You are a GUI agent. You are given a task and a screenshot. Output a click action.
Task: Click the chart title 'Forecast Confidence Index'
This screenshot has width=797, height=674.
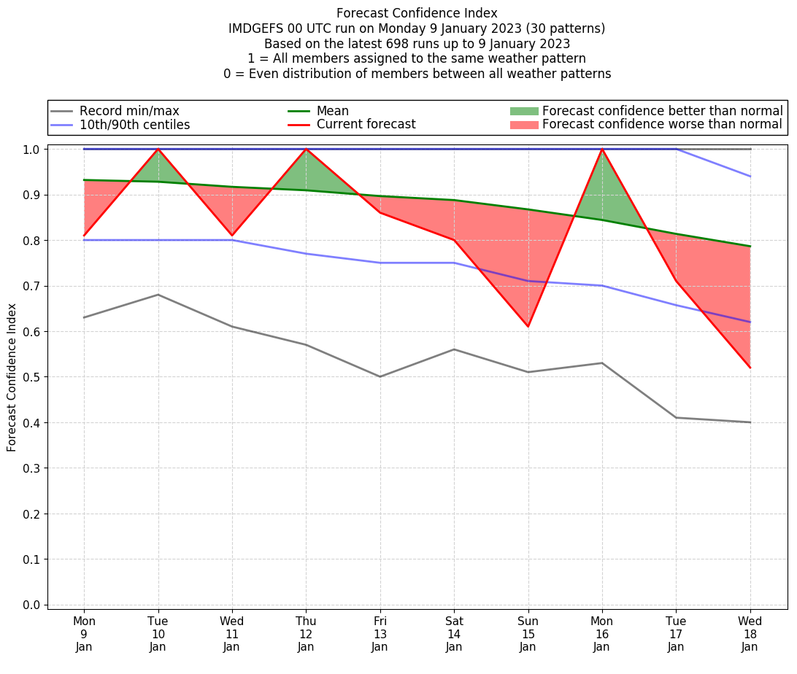click(x=417, y=13)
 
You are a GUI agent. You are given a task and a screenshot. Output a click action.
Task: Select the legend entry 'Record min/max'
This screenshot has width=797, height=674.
click(x=128, y=111)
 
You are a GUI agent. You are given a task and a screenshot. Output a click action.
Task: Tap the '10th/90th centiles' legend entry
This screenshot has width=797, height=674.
click(x=134, y=125)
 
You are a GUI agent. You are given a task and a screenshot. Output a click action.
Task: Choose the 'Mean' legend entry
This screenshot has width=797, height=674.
click(x=332, y=111)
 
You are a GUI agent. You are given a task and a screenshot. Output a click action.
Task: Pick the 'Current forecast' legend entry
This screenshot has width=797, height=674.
click(x=366, y=125)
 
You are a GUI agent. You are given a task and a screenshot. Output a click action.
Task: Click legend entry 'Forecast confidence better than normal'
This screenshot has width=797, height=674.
click(x=662, y=111)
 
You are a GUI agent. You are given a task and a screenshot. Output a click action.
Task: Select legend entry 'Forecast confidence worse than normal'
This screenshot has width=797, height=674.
click(x=662, y=125)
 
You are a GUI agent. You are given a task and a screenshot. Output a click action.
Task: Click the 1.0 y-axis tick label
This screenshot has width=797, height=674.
click(x=31, y=150)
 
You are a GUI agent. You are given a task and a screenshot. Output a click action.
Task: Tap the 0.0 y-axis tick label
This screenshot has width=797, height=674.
click(x=31, y=605)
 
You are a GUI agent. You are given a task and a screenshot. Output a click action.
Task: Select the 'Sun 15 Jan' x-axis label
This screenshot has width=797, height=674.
click(x=528, y=634)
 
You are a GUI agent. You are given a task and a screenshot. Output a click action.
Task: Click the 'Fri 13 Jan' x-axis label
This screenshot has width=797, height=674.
click(x=380, y=634)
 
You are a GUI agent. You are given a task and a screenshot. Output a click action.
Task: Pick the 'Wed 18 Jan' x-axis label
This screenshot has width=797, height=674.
click(x=750, y=634)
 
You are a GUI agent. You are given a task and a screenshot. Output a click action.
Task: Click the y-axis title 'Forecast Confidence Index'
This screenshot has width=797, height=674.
click(x=12, y=377)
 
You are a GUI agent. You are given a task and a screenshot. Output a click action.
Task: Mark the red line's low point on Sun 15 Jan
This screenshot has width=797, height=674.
click(x=528, y=327)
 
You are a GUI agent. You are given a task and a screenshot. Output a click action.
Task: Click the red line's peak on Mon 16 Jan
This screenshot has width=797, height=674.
click(x=601, y=149)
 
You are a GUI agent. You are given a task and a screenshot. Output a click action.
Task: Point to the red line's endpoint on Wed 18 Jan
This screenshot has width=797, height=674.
click(x=750, y=368)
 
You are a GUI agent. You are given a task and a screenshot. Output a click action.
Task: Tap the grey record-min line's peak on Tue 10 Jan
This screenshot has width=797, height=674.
click(x=158, y=295)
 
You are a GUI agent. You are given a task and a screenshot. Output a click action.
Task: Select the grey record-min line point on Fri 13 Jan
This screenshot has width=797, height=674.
click(x=380, y=376)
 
